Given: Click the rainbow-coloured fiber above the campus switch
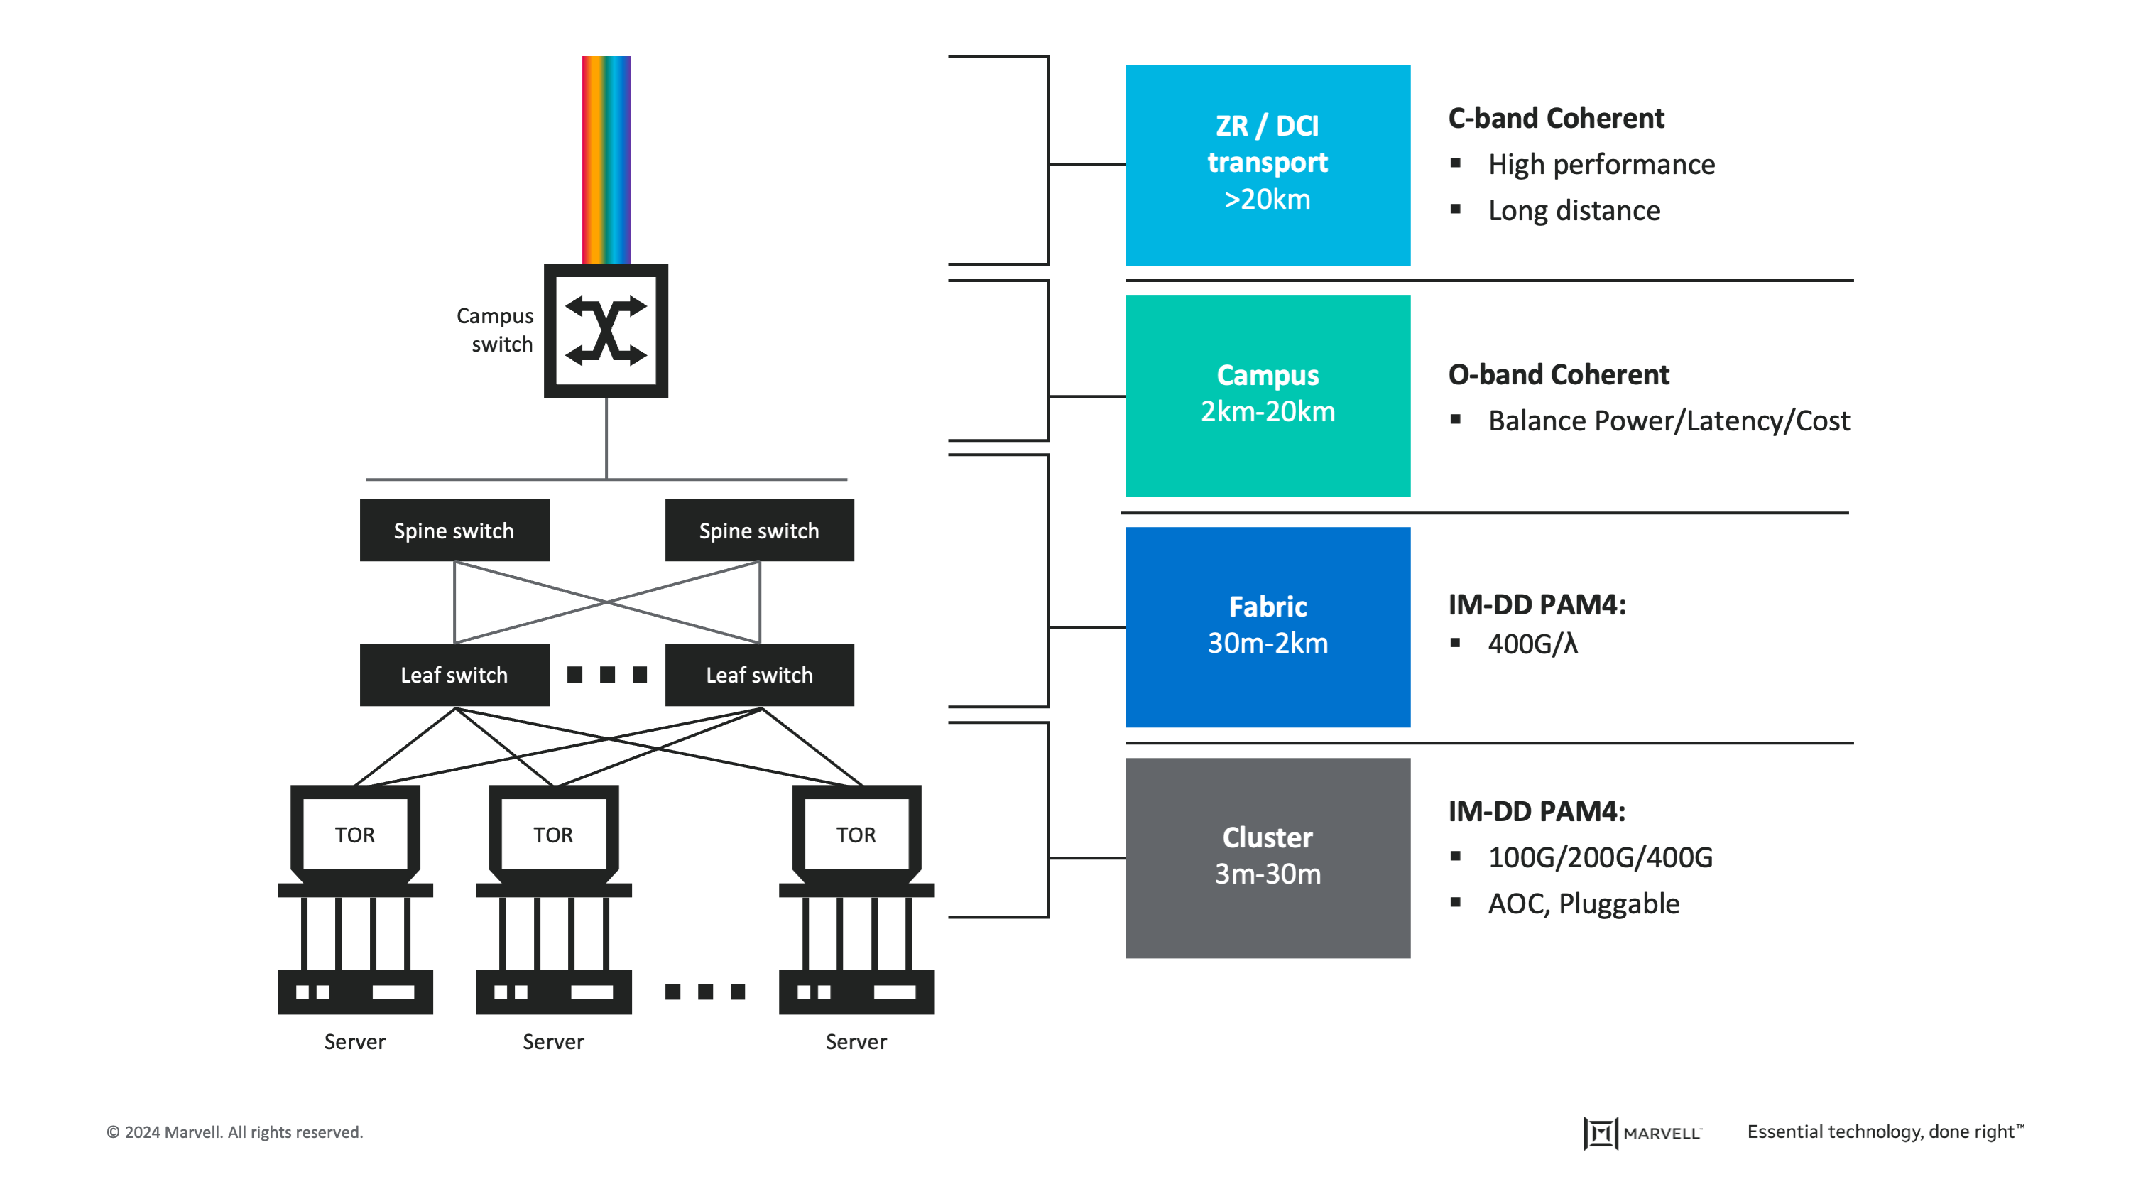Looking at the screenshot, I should [606, 159].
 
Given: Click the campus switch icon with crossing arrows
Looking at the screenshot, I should [606, 331].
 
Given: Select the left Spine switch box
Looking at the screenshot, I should [454, 531].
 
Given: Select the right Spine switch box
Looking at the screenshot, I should [758, 531].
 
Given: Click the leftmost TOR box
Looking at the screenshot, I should [355, 834].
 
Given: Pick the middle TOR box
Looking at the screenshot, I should [553, 834].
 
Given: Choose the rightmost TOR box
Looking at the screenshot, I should [856, 834].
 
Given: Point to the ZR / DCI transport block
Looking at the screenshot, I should [1268, 165].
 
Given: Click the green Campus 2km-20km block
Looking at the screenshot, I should [1268, 396].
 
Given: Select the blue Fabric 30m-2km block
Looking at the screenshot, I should [1268, 626].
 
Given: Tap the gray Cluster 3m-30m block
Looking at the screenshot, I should [1268, 857].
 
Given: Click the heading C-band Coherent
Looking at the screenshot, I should [1555, 119].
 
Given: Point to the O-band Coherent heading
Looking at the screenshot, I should [1559, 375].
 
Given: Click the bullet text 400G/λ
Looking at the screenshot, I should [1533, 644].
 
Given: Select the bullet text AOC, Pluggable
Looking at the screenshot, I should [1584, 904].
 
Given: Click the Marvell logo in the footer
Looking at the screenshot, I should [1642, 1133].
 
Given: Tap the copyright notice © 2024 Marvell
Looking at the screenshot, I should [235, 1132].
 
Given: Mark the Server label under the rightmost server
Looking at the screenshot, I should [856, 1042].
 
